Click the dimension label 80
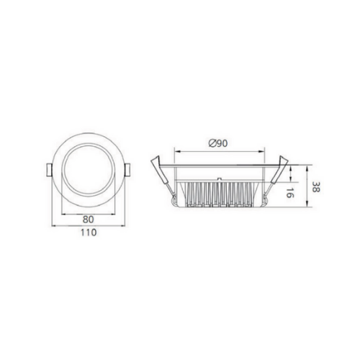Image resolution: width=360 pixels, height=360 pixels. coord(89,220)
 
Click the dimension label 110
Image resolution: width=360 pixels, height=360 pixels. coord(89,233)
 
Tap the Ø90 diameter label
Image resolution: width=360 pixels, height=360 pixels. coord(218,143)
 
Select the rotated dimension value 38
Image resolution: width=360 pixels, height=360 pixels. coord(316,186)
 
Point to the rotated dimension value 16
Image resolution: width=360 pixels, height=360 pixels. coord(290,193)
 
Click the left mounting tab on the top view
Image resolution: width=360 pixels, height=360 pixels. coord(49,170)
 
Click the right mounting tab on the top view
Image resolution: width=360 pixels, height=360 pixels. coord(127,170)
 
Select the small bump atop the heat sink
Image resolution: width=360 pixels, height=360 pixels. coord(219,179)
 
